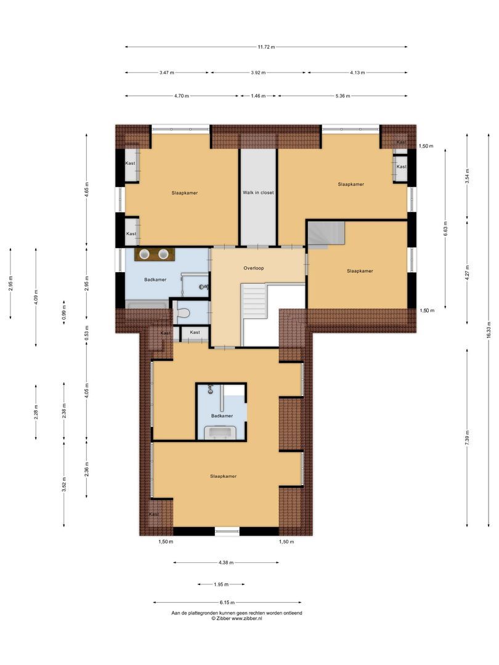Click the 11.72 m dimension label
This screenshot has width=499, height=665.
pos(266,47)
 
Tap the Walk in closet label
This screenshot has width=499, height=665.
pos(258,192)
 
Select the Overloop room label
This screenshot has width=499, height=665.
pos(254,268)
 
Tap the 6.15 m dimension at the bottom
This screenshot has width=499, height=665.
pos(227,603)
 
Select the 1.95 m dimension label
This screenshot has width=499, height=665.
pos(221,584)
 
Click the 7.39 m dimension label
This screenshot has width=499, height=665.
pos(467,438)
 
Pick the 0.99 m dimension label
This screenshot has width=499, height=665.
pos(63,312)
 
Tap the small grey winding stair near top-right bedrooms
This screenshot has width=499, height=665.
pos(326,235)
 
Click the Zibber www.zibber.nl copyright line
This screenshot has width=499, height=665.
pos(237,619)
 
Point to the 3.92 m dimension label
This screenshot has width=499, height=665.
pos(258,73)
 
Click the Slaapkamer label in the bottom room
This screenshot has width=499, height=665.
pos(223,476)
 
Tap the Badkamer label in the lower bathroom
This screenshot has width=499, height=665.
pos(222,416)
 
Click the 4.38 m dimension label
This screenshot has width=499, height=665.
pos(226,563)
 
